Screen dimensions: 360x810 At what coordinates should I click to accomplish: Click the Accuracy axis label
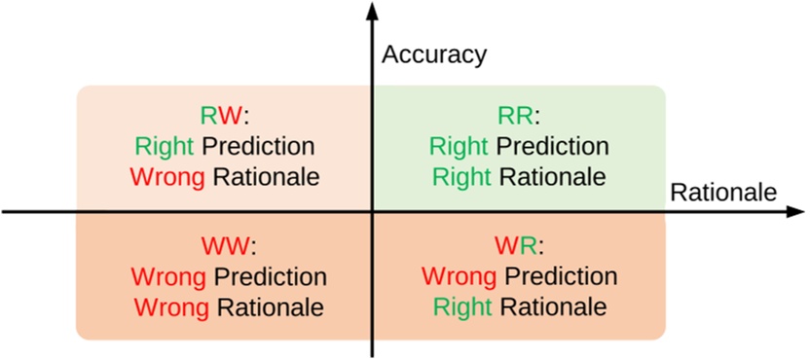433,54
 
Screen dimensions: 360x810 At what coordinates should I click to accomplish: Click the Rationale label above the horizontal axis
722,193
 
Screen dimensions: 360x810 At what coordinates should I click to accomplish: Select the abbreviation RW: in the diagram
225,117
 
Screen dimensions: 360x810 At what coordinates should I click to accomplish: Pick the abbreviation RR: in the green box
519,117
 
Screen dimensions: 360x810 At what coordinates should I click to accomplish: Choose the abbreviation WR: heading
519,244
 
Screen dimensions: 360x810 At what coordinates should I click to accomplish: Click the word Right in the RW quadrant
165,147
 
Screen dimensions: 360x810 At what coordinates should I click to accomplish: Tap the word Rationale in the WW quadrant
270,306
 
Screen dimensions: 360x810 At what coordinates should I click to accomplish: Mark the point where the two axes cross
371,211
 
